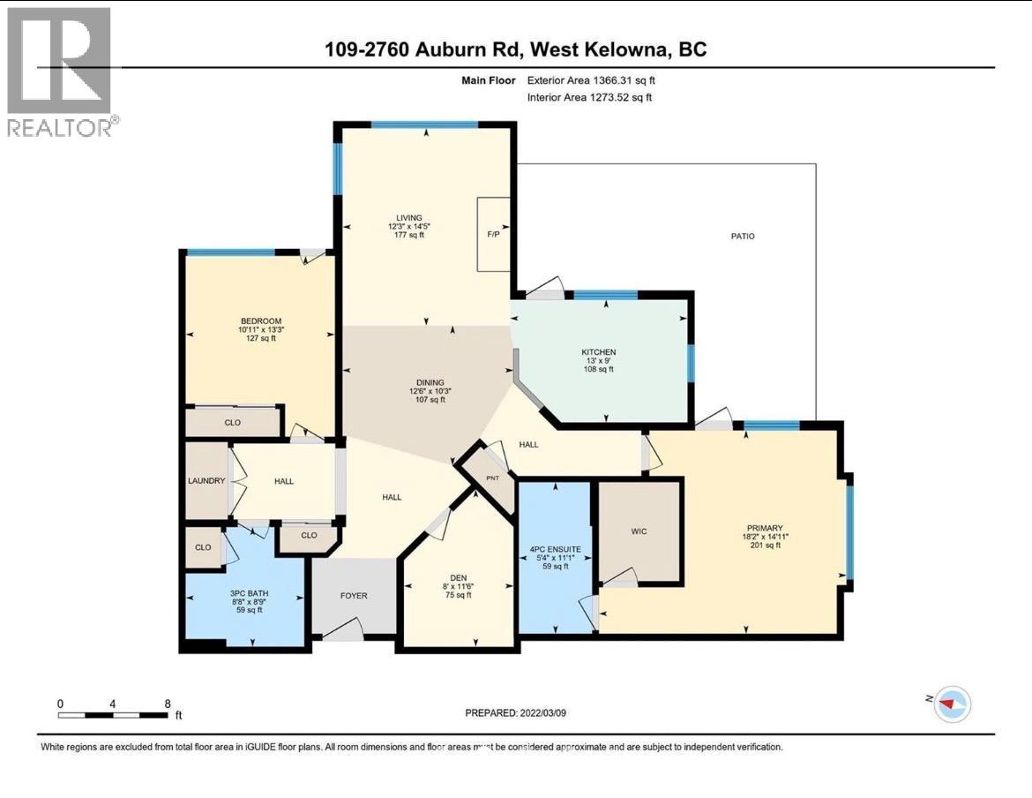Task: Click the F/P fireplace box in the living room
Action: [494, 235]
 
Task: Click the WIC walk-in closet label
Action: [640, 531]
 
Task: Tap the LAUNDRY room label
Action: [207, 481]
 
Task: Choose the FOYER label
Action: [353, 596]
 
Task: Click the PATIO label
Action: [742, 236]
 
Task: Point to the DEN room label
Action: [457, 577]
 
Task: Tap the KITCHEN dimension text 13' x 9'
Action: [599, 361]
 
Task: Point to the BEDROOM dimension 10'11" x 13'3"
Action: [260, 329]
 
